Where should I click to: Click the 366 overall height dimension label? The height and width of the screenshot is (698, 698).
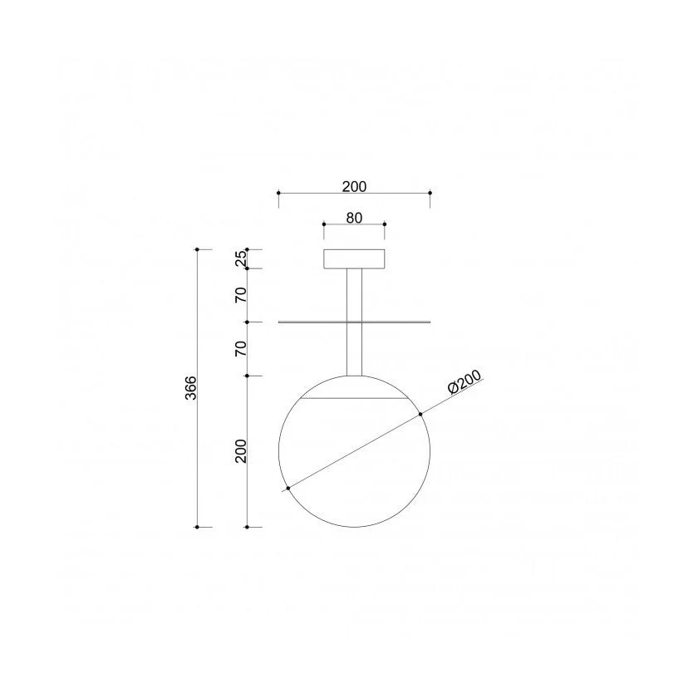pyautogui.click(x=190, y=388)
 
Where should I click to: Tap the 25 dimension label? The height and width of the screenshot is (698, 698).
pyautogui.click(x=240, y=258)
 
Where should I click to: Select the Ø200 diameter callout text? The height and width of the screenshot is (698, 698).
pyautogui.click(x=465, y=382)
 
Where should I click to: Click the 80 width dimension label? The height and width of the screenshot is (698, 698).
pyautogui.click(x=354, y=218)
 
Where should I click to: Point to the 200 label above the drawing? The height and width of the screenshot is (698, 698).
pyautogui.click(x=354, y=186)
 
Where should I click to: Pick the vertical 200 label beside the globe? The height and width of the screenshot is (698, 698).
pyautogui.click(x=240, y=451)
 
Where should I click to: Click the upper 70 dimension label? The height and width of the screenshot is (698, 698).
pyautogui.click(x=240, y=295)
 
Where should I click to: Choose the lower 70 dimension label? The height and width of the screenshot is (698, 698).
pyautogui.click(x=240, y=348)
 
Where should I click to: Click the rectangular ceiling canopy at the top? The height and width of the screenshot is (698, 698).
pyautogui.click(x=354, y=259)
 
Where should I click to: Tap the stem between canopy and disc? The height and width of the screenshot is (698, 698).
pyautogui.click(x=354, y=295)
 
